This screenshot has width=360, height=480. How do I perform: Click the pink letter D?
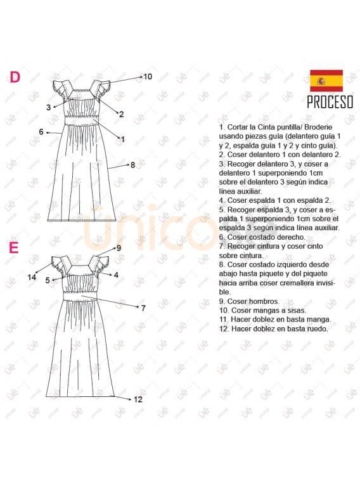[x=15, y=77]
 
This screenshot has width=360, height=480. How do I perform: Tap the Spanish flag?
[x=326, y=81]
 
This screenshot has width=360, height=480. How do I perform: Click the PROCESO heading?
[x=330, y=102]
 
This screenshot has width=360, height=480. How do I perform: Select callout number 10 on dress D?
[x=147, y=77]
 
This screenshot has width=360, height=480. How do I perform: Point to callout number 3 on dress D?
[x=48, y=108]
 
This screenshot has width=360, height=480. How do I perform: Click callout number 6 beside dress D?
[x=41, y=132]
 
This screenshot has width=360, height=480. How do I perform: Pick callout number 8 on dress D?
[x=132, y=165]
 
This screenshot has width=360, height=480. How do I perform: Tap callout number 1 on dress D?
[x=122, y=139]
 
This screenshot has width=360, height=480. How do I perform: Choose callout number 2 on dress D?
[x=121, y=114]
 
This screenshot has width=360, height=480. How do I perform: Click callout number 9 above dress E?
[x=118, y=248]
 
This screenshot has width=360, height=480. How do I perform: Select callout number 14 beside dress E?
[x=32, y=277]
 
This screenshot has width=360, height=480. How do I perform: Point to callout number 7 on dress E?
[x=143, y=308]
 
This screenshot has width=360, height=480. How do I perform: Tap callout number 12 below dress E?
[x=138, y=399]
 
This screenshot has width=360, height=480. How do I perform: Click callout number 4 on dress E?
[x=116, y=275]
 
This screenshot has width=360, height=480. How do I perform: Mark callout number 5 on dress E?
[x=48, y=280]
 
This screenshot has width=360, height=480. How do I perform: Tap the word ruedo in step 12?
[x=316, y=329]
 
